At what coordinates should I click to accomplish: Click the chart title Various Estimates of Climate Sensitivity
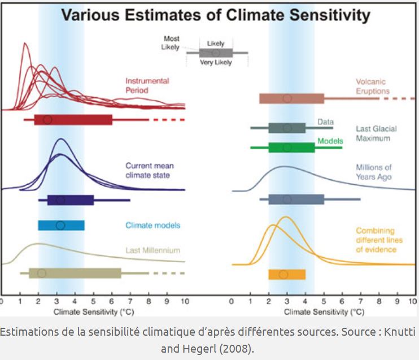click(215, 15)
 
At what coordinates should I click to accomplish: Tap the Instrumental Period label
click(146, 85)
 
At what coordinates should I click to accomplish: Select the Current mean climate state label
click(150, 170)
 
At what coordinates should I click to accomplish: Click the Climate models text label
click(152, 225)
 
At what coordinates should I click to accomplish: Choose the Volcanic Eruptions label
click(373, 86)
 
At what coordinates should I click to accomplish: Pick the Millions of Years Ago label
click(373, 172)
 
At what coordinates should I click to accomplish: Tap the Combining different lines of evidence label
click(376, 240)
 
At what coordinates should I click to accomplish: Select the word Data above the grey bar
click(325, 122)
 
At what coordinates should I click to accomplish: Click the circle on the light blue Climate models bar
click(60, 225)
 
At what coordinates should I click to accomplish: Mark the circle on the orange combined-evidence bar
click(283, 275)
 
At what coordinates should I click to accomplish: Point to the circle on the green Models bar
click(287, 148)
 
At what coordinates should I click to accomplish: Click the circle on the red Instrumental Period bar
click(47, 120)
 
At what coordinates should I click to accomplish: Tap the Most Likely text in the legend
click(171, 43)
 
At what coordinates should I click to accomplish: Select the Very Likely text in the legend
click(216, 63)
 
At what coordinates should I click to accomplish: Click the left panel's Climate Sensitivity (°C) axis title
click(93, 312)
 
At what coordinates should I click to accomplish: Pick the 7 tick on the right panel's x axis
click(360, 302)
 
